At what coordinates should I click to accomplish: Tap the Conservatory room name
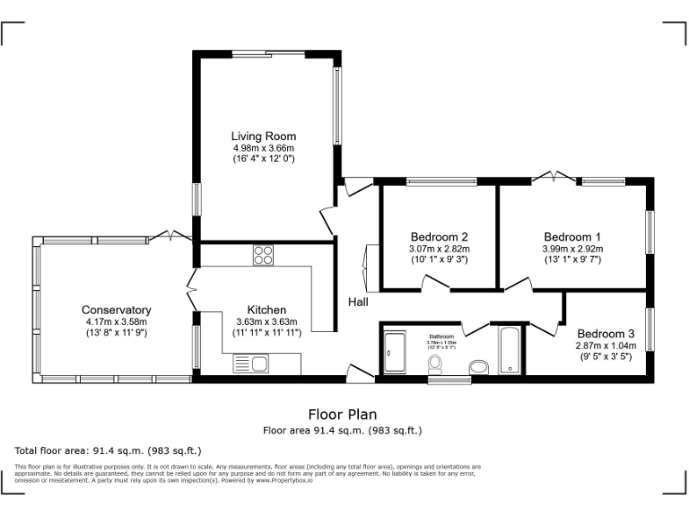[x=116, y=311]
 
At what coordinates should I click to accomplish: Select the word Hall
[x=358, y=302]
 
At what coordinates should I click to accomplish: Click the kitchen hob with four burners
[x=263, y=255]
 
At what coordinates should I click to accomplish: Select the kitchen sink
[x=251, y=364]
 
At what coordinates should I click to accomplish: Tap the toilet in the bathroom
[x=436, y=364]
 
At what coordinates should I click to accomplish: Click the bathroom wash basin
[x=479, y=366]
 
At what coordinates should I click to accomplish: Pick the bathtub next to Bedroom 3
[x=510, y=350]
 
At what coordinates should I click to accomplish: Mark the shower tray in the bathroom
[x=395, y=352]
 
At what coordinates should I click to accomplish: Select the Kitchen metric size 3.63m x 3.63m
[x=266, y=322]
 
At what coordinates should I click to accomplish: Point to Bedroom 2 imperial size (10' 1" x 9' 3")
[x=440, y=259]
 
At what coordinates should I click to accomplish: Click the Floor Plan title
[x=342, y=415]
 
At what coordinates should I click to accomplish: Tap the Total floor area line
[x=109, y=450]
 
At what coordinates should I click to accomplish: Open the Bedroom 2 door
[x=437, y=283]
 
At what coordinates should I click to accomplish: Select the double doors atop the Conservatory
[x=170, y=235]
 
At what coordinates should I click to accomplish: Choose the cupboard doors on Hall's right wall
[x=367, y=265]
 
